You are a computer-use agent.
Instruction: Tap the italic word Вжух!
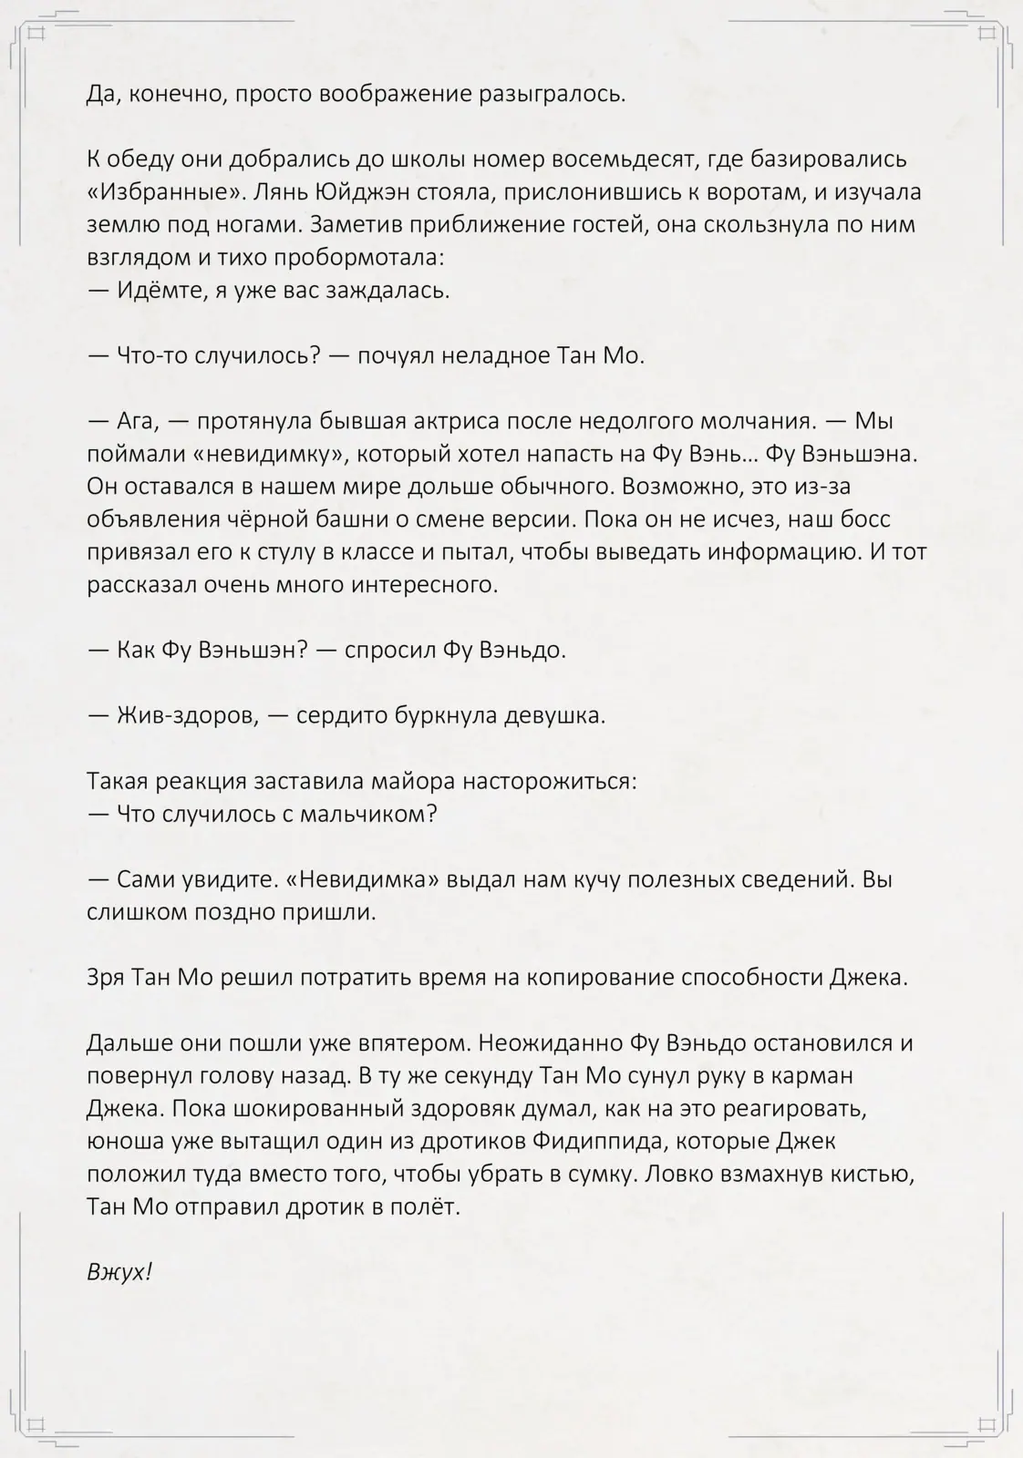119,1272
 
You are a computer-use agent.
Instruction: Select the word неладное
496,355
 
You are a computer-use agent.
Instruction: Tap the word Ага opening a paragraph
139,421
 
